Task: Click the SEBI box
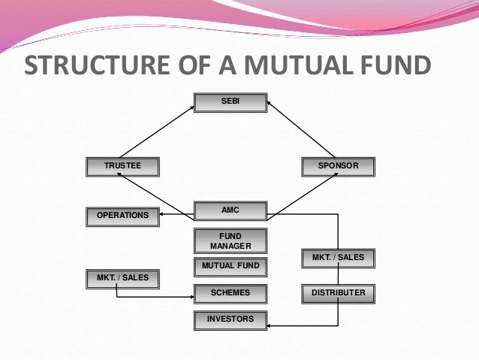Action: click(230, 102)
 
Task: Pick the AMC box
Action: click(230, 210)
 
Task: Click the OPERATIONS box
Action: click(122, 216)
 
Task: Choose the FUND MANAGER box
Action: click(230, 241)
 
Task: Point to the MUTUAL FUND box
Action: click(230, 266)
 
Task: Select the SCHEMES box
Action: click(230, 292)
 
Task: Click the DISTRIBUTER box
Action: click(338, 292)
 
